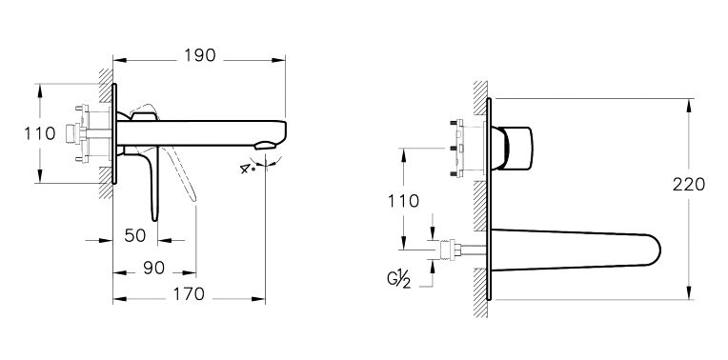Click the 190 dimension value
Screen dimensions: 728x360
[200, 55]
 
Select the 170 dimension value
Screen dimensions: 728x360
[189, 293]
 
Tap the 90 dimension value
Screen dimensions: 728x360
[153, 268]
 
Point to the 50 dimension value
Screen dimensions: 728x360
[135, 235]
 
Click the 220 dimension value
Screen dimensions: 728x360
[689, 184]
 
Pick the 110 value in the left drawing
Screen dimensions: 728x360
[40, 133]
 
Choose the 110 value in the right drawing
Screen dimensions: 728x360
[403, 201]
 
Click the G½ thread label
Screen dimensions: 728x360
[399, 280]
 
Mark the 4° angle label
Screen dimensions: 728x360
[247, 169]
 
